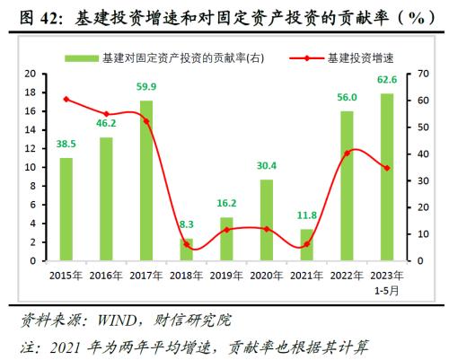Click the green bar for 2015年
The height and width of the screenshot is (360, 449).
[66, 209]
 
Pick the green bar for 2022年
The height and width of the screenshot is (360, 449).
[347, 186]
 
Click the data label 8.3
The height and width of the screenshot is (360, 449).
[187, 225]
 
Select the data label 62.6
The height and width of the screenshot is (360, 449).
[387, 81]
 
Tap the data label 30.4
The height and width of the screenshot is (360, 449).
[267, 165]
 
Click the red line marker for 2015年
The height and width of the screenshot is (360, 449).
[66, 99]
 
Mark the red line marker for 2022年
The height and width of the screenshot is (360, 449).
[347, 154]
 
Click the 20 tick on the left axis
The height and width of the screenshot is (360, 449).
[31, 74]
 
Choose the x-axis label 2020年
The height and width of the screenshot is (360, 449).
[267, 276]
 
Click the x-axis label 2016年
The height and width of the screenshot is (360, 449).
[106, 276]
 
